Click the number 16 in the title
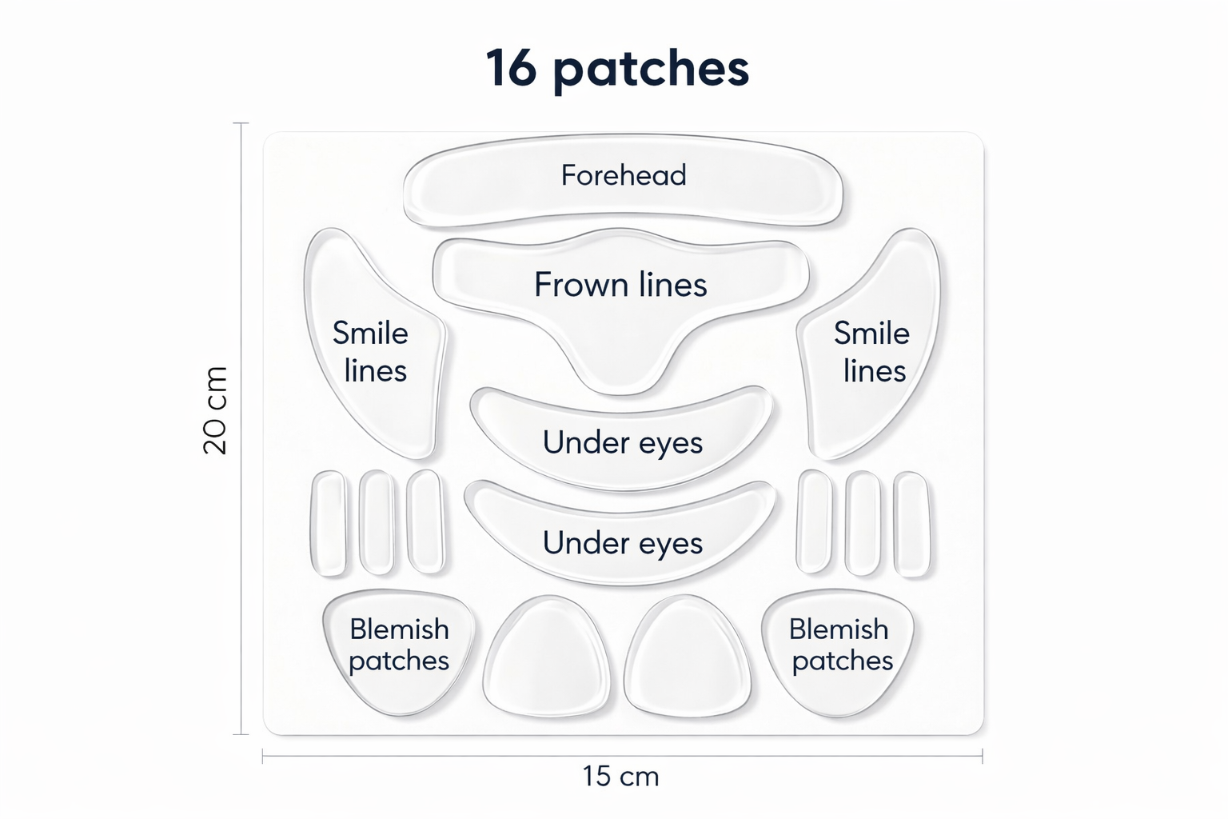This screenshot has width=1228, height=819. (x=511, y=68)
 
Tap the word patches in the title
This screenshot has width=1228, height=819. (x=651, y=70)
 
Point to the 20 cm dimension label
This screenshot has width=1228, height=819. (x=215, y=410)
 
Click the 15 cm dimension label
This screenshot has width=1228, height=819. (x=620, y=777)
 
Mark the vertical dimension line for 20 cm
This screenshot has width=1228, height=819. (x=241, y=560)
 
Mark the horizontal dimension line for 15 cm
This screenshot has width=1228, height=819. (x=799, y=756)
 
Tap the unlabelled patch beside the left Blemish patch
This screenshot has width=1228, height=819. (x=547, y=656)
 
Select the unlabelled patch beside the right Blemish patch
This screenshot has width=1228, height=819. (x=688, y=656)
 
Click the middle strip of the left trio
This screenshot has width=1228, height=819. (x=377, y=521)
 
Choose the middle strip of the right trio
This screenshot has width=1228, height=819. (x=863, y=523)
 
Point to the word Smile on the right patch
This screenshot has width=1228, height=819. (x=871, y=334)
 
